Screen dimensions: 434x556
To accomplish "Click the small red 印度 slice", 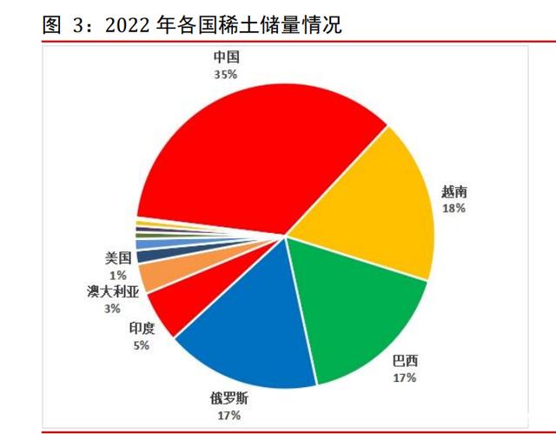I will click(x=169, y=309).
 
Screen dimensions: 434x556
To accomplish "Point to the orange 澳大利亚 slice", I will click(x=149, y=276).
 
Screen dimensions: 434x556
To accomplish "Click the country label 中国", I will click(x=226, y=58).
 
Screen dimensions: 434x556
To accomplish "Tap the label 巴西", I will click(x=404, y=360).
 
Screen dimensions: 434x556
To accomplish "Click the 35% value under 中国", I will click(x=225, y=75).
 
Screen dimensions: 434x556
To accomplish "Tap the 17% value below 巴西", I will click(x=404, y=377).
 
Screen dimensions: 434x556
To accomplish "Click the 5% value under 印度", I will click(x=141, y=345).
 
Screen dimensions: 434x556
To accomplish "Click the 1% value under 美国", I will click(x=117, y=275).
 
